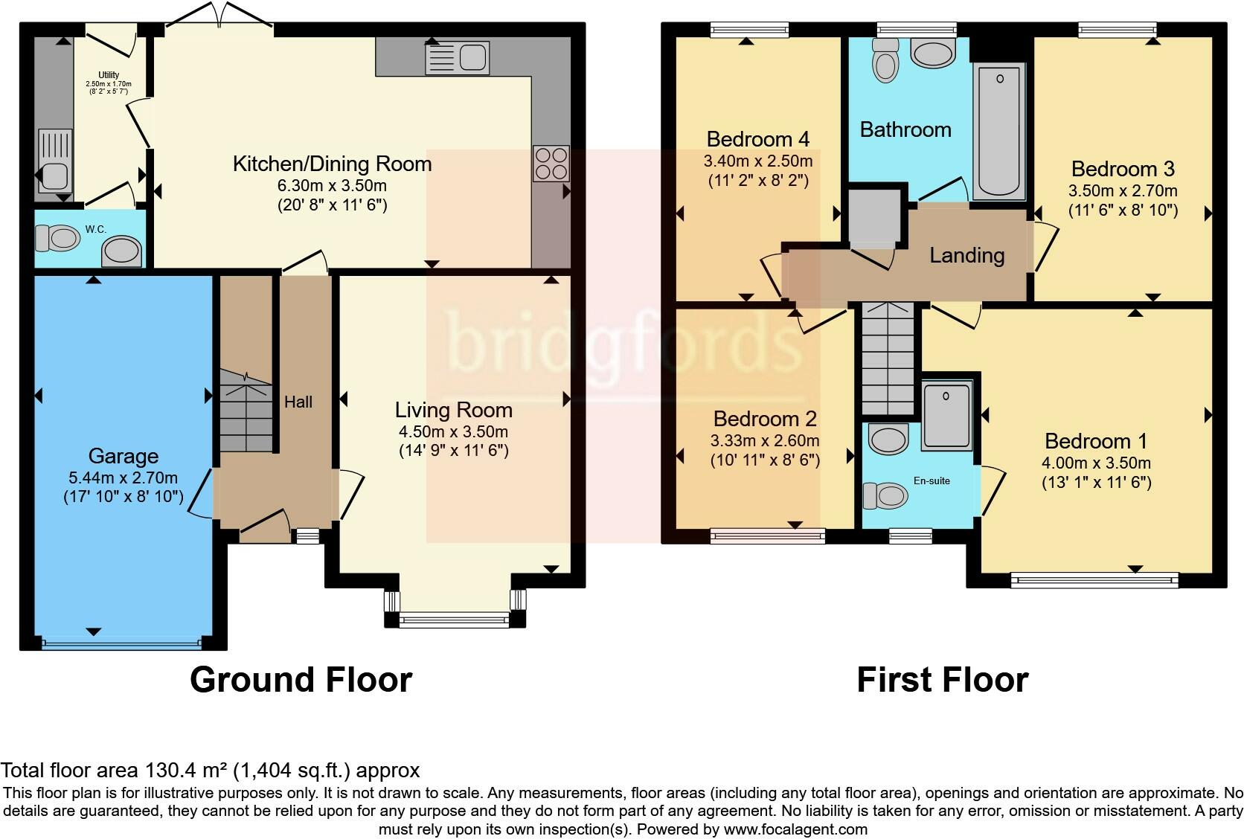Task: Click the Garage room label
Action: (124, 457)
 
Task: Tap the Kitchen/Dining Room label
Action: (332, 164)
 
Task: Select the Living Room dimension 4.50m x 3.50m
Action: (453, 431)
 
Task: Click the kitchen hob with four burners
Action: (551, 163)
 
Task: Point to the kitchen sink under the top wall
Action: (457, 58)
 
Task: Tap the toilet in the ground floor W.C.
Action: (57, 239)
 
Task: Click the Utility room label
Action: (109, 75)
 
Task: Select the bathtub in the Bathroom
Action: (998, 131)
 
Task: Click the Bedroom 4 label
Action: (758, 139)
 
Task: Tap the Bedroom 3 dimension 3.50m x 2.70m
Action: (1123, 191)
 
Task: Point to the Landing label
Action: (967, 255)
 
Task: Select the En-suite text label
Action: (932, 480)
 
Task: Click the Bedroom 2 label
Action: (765, 419)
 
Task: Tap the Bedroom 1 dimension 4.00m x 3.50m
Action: (1096, 463)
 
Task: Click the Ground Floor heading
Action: (301, 680)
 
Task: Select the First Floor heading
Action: (943, 680)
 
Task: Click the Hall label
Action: (298, 402)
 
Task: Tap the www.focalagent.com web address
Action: (795, 829)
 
